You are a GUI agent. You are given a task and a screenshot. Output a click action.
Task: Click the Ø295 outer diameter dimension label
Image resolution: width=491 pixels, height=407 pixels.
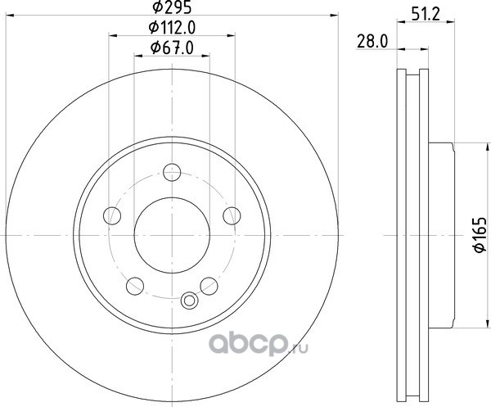point(172,7)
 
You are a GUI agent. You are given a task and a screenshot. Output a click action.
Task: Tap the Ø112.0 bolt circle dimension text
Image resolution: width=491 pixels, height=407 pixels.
point(172,28)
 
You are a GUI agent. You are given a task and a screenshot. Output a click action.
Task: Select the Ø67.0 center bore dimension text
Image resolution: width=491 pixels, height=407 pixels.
point(172,47)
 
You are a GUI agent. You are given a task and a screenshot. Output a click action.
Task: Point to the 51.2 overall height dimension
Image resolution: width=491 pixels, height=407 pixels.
point(426,14)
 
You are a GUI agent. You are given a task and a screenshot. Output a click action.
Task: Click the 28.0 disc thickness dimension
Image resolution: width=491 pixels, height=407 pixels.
point(372,42)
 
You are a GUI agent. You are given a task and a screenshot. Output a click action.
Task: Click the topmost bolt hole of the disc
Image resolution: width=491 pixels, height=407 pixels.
point(172,172)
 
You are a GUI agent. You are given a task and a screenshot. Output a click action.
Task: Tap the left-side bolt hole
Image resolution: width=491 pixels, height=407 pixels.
point(112,215)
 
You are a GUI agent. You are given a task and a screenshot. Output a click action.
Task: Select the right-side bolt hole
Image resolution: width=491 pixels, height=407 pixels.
point(232,215)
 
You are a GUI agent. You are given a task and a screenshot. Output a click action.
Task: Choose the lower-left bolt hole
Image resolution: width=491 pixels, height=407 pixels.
point(135,286)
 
